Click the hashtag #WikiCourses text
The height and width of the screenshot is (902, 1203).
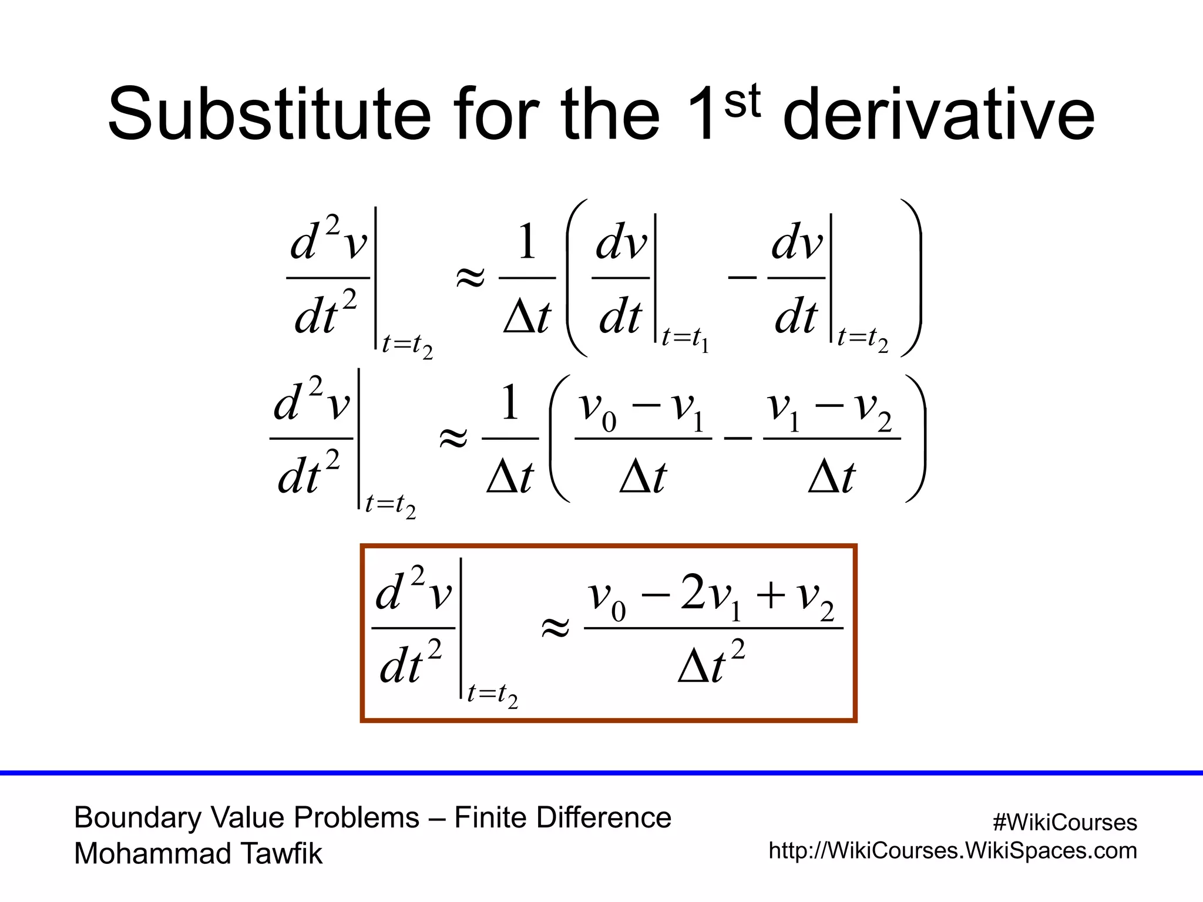(1064, 822)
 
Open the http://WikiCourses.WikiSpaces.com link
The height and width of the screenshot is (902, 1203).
(952, 850)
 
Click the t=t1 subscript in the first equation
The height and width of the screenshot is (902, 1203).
(685, 339)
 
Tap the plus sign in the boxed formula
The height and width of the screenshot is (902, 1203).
(771, 595)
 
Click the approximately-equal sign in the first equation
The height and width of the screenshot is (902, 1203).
(471, 277)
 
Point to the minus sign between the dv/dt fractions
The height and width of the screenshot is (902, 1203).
(742, 277)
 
